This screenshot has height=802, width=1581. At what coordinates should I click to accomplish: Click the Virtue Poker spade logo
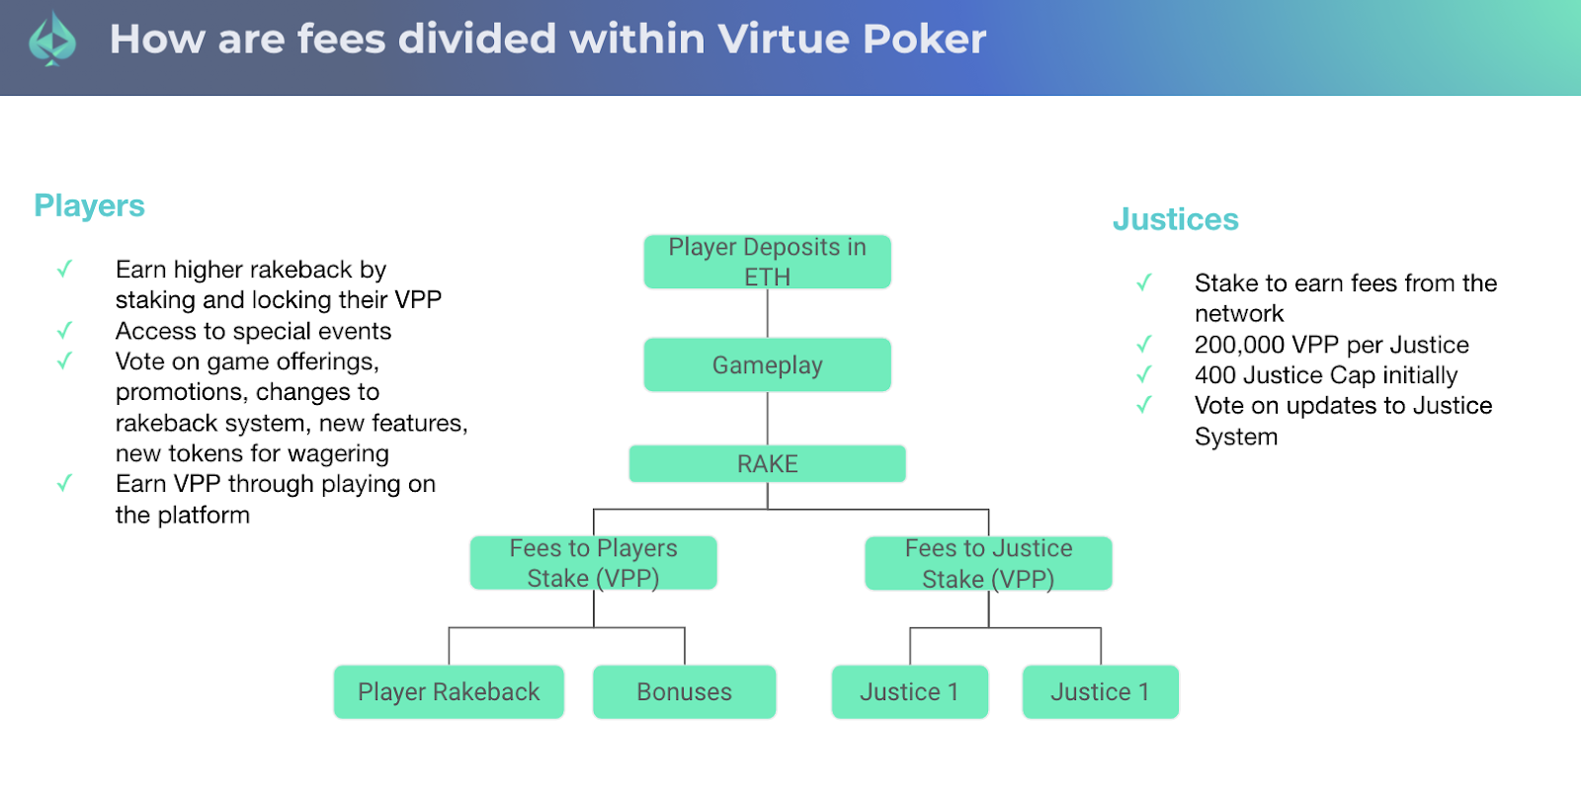point(52,40)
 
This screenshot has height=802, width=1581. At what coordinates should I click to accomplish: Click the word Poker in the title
point(924,39)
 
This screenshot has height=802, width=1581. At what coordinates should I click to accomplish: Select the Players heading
point(90,206)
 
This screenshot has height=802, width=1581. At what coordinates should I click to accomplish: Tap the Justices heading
point(1176,218)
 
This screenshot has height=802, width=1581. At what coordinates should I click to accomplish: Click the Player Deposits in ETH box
point(767,262)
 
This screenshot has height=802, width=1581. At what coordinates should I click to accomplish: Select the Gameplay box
point(767,364)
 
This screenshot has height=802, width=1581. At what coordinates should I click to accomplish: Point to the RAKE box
point(767,463)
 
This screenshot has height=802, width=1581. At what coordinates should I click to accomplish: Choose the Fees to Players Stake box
point(594,563)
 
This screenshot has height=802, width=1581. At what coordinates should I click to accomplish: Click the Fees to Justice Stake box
point(989,563)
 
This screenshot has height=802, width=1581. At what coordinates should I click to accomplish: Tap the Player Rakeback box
point(449,692)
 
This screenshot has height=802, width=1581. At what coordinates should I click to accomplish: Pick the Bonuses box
point(685,692)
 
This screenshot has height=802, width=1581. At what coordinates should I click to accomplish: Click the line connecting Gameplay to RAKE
point(767,418)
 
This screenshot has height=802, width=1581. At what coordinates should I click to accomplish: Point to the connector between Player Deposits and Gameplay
point(767,313)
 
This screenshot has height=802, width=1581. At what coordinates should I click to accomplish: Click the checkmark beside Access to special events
point(65,330)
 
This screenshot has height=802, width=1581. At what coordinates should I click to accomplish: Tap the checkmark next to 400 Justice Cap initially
point(1144,374)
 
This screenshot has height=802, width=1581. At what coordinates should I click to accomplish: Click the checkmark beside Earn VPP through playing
point(65,483)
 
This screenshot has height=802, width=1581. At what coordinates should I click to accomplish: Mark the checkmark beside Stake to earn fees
point(1144,282)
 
